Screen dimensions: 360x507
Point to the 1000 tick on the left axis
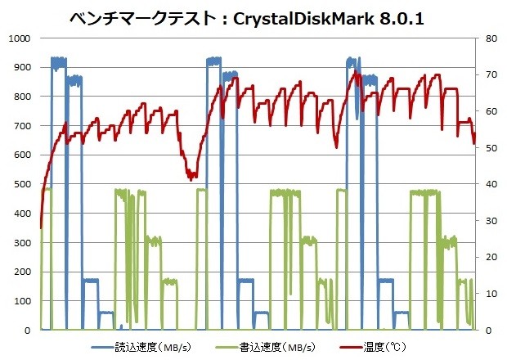(x=17, y=38)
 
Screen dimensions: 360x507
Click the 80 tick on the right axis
(x=488, y=38)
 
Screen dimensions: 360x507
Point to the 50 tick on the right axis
(x=488, y=148)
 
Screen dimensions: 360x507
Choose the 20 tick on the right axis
(x=488, y=257)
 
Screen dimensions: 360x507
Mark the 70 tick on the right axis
(x=488, y=75)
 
